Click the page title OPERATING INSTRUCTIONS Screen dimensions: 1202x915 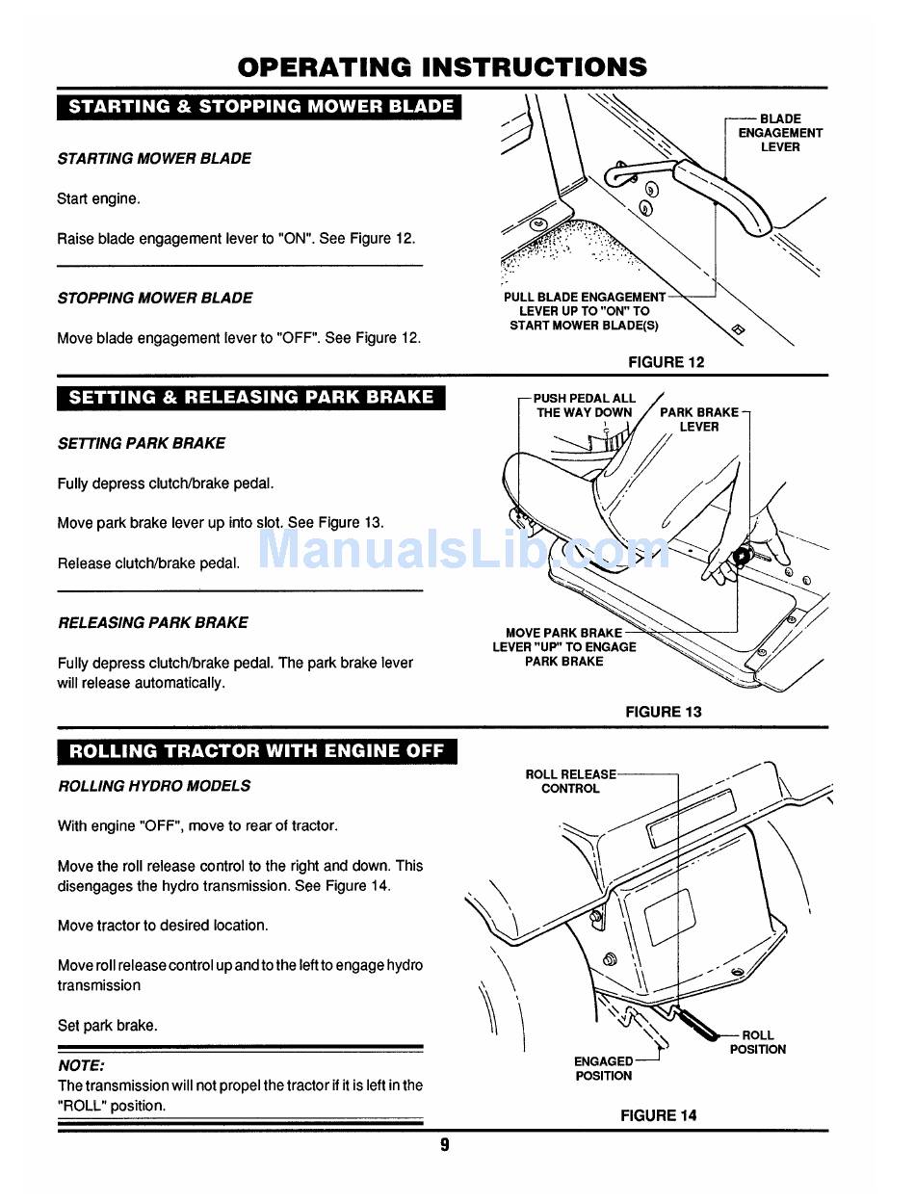click(x=442, y=67)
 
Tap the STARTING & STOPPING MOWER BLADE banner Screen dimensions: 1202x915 click(x=260, y=107)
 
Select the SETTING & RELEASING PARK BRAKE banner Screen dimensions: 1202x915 click(x=250, y=398)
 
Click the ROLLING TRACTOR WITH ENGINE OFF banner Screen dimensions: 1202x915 click(x=256, y=752)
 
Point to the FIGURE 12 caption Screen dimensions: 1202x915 click(x=666, y=362)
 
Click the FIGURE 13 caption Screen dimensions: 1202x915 click(x=663, y=712)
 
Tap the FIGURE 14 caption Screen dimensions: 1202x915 click(x=658, y=1115)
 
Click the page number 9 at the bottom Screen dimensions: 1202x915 click(x=445, y=1145)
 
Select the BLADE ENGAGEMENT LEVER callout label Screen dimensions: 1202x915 click(x=780, y=133)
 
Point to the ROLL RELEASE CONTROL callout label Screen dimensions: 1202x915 click(x=570, y=781)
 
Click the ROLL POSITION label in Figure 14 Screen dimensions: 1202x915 click(x=757, y=1042)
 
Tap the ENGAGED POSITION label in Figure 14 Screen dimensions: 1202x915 click(x=604, y=1068)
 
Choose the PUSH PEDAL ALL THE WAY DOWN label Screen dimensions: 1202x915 click(x=585, y=405)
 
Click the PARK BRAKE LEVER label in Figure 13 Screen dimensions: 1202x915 click(x=699, y=419)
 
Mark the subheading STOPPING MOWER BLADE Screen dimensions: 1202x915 click(x=155, y=299)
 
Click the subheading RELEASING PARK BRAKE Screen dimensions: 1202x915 click(x=153, y=623)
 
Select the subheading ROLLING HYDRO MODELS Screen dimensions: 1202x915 click(x=154, y=786)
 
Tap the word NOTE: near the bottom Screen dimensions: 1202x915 click(x=81, y=1066)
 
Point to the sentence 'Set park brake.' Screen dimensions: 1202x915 click(x=107, y=1026)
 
